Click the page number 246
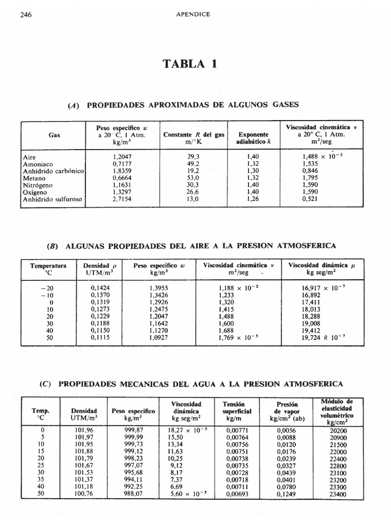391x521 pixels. point(26,15)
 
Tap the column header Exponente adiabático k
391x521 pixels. point(253,139)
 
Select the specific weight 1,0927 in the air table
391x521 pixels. point(159,337)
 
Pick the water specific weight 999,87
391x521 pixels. point(133,430)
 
